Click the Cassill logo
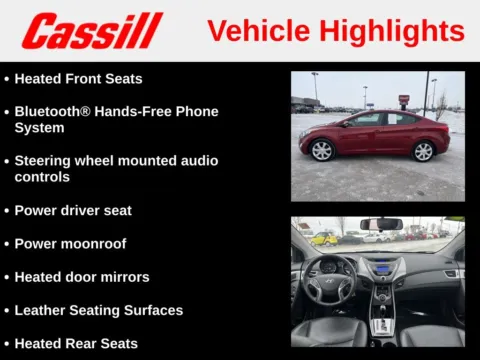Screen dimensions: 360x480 [x=92, y=31]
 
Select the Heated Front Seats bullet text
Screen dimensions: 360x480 [x=78, y=78]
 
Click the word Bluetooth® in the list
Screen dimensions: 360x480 [x=50, y=111]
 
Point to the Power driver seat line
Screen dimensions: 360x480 [x=73, y=210]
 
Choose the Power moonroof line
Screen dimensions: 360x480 [x=70, y=243]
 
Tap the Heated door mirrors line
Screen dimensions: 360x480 [x=82, y=276]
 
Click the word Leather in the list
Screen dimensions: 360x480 [x=41, y=310]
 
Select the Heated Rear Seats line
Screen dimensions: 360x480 [x=76, y=343]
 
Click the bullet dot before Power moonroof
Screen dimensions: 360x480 [x=6, y=243]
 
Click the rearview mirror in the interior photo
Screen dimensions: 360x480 [x=381, y=224]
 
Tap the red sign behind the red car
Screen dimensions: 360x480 [x=404, y=100]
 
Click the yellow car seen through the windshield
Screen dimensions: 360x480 [x=324, y=239]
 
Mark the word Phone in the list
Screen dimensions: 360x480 [x=195, y=111]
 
